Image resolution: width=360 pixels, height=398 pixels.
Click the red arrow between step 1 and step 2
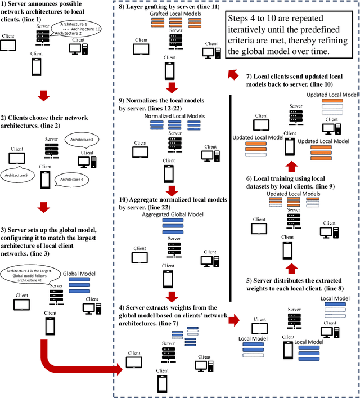click(x=43, y=96)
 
